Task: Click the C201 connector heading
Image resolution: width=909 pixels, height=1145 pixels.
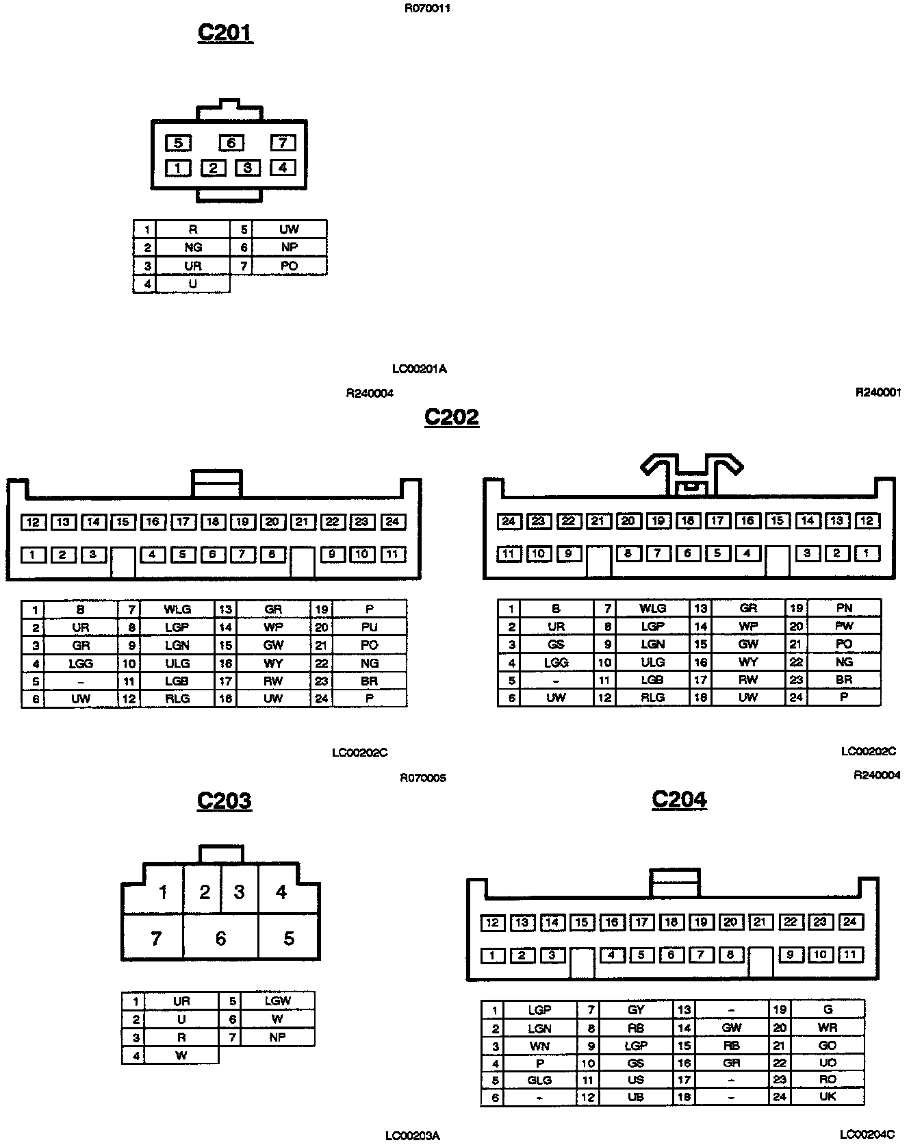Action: (225, 32)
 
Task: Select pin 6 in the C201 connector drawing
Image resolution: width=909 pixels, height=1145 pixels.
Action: (231, 142)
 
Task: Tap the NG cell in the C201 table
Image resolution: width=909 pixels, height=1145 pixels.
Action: (193, 247)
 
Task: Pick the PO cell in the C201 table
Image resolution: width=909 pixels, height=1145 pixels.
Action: (289, 266)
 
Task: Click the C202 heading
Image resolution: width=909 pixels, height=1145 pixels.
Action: (452, 416)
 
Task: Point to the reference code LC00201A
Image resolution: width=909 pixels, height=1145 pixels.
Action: (420, 369)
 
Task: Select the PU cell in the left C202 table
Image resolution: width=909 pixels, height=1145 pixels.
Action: (369, 627)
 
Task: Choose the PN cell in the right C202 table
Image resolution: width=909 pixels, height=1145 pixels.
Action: (844, 607)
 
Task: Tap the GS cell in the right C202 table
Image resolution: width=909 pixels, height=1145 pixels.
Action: (556, 644)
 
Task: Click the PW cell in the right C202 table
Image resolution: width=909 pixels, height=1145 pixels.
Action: (844, 626)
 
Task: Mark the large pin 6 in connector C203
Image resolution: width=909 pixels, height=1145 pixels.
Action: (220, 938)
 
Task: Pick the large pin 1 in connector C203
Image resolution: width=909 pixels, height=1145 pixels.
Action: (163, 892)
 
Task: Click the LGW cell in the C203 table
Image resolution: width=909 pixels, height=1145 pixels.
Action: (277, 1001)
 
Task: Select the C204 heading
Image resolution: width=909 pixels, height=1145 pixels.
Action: (680, 799)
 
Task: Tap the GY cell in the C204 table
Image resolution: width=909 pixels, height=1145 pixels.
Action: (636, 1009)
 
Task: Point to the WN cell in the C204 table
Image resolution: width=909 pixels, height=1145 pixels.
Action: (539, 1046)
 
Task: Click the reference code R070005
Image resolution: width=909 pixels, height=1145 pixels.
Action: (423, 778)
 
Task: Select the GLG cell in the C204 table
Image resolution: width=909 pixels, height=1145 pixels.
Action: (539, 1080)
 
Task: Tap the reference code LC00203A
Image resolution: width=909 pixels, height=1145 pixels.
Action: (413, 1136)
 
